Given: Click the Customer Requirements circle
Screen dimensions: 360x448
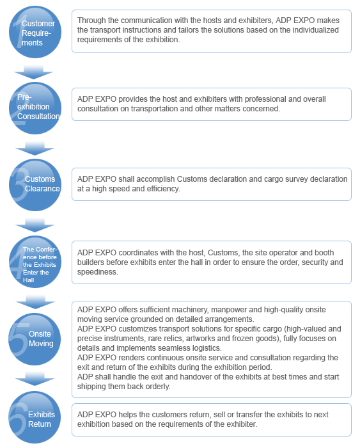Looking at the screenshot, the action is pyautogui.click(x=35, y=32).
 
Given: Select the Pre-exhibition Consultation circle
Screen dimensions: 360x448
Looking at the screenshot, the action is pyautogui.click(x=35, y=108).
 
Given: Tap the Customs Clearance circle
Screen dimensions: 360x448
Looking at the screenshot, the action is pyautogui.click(x=35, y=185).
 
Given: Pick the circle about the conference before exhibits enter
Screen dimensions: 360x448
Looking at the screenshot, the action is pyautogui.click(x=35, y=262).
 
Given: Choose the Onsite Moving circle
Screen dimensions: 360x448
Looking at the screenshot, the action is pyautogui.click(x=35, y=339).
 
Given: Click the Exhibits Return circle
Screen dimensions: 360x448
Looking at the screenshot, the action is pyautogui.click(x=35, y=417).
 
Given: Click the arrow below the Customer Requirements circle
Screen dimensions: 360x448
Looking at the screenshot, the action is pyautogui.click(x=33, y=72).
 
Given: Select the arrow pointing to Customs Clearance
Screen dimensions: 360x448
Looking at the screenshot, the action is pyautogui.click(x=35, y=148).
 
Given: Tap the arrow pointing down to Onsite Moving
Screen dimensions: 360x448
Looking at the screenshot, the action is pyautogui.click(x=35, y=302).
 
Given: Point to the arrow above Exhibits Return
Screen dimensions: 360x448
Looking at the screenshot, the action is pyautogui.click(x=35, y=379).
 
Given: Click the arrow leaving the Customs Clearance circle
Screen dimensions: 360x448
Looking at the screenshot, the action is pyautogui.click(x=35, y=225).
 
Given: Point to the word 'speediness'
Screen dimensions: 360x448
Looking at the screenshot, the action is pyautogui.click(x=98, y=272).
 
